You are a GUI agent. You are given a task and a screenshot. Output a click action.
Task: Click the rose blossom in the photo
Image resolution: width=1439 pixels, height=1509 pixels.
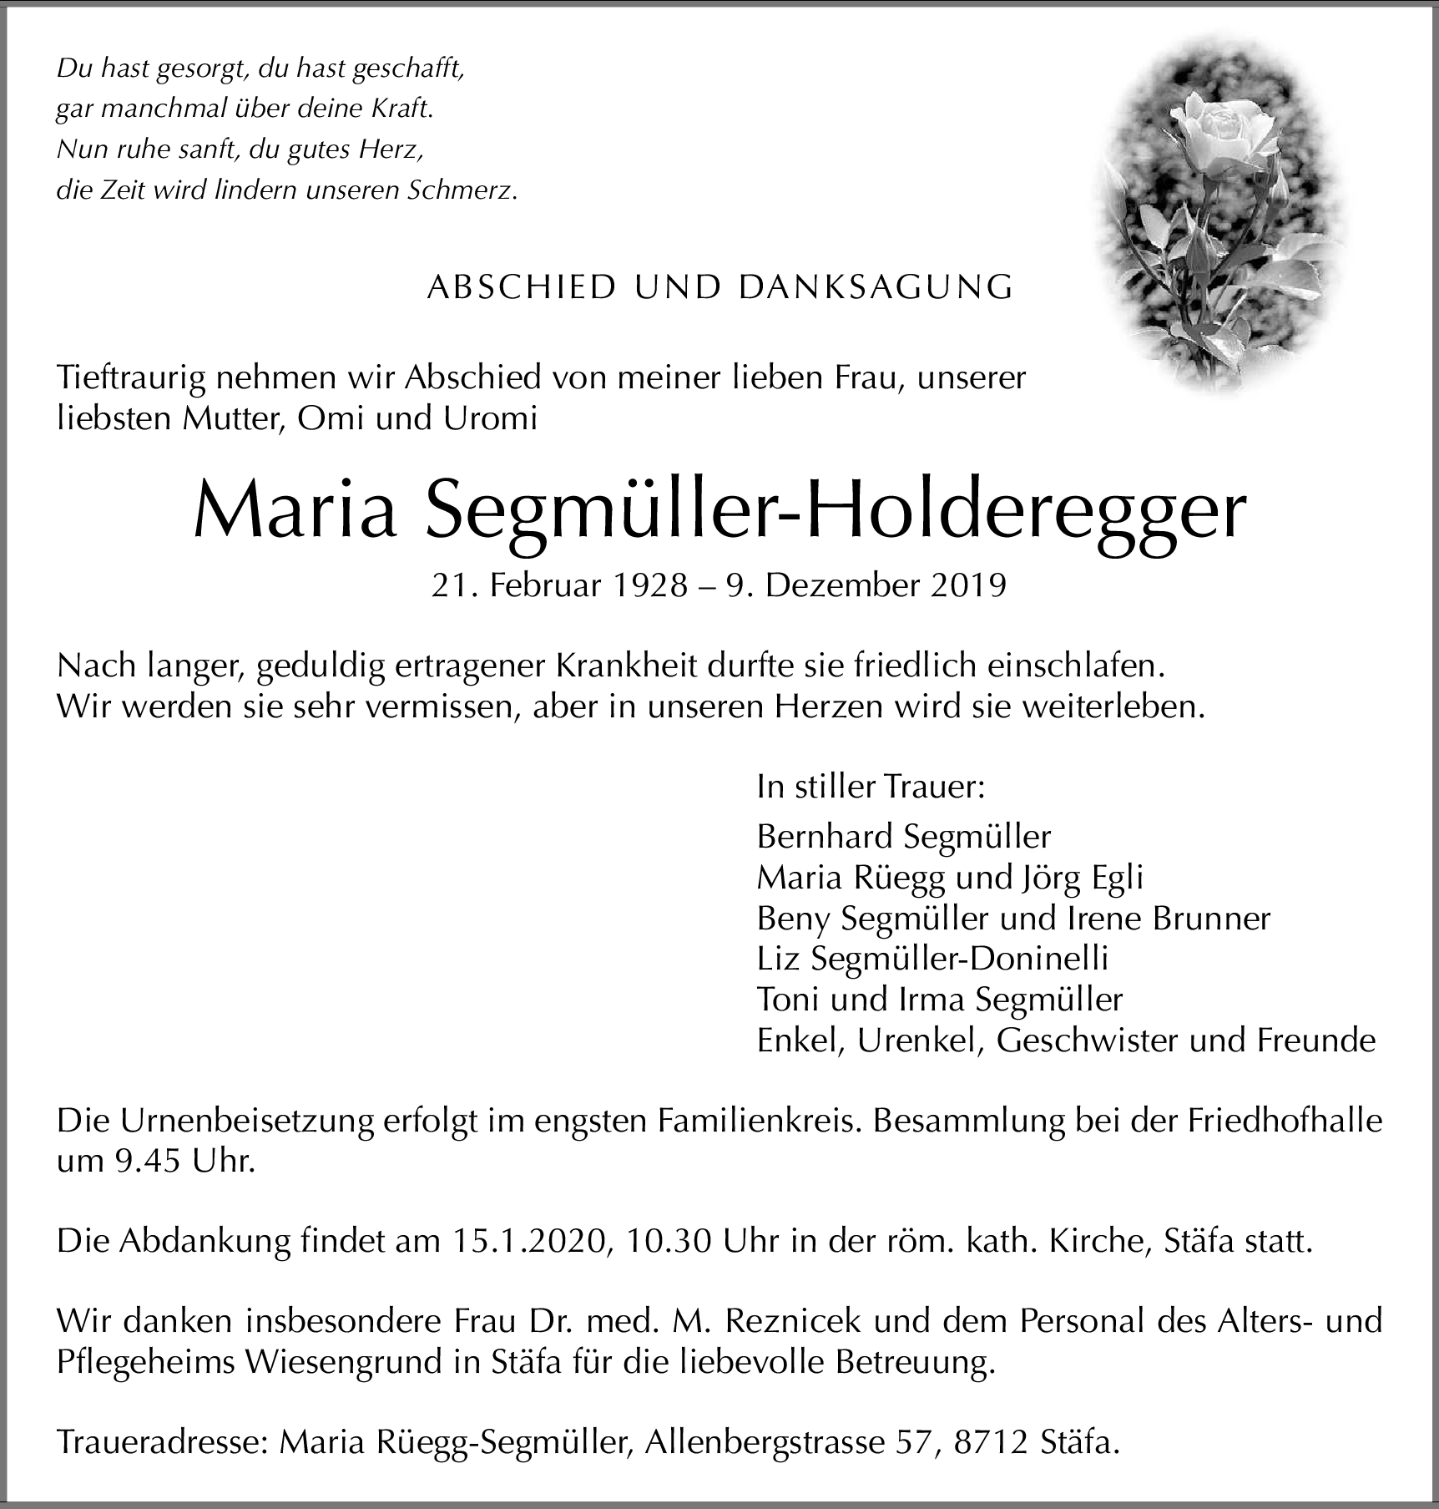[x=1218, y=125]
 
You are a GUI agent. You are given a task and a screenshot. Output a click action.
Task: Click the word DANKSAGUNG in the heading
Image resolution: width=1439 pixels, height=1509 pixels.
[x=876, y=287]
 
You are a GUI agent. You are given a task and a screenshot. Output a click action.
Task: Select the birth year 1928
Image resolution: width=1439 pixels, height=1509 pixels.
[x=650, y=585]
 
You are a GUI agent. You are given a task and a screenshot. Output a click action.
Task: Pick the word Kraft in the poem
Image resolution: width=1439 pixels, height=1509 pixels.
[x=404, y=109]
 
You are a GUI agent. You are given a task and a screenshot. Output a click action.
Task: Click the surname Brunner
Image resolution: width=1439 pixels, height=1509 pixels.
[x=1211, y=918]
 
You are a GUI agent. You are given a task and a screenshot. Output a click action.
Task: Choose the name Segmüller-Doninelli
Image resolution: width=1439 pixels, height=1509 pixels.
[x=960, y=959]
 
